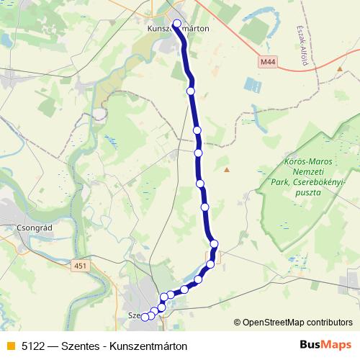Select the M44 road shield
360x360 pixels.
pyautogui.click(x=268, y=63)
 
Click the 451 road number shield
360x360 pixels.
pyautogui.click(x=80, y=266)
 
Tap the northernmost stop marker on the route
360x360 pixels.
pyautogui.click(x=177, y=24)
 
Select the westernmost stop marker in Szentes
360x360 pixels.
pyautogui.click(x=145, y=317)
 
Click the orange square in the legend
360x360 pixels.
pyautogui.click(x=9, y=346)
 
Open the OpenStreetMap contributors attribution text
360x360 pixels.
pyautogui.click(x=297, y=323)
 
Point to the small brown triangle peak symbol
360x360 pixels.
pyautogui.click(x=227, y=170)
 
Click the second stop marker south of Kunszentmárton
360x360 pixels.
pyautogui.click(x=197, y=130)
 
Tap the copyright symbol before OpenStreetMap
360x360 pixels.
pyautogui.click(x=237, y=323)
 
